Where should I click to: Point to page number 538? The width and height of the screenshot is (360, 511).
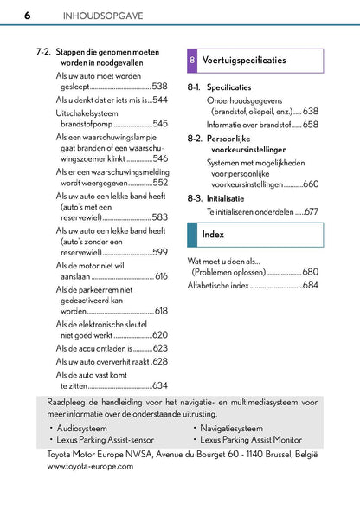pos(159,87)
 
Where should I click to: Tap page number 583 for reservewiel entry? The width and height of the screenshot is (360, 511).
pos(159,218)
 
